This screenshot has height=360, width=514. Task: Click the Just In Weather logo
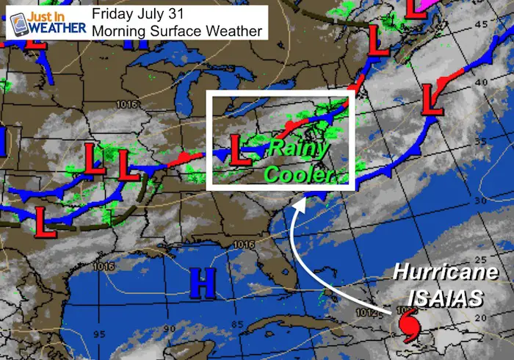[x=43, y=22]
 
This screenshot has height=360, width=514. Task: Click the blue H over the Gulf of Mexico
[x=200, y=283]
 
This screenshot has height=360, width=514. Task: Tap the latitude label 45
[x=481, y=24]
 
